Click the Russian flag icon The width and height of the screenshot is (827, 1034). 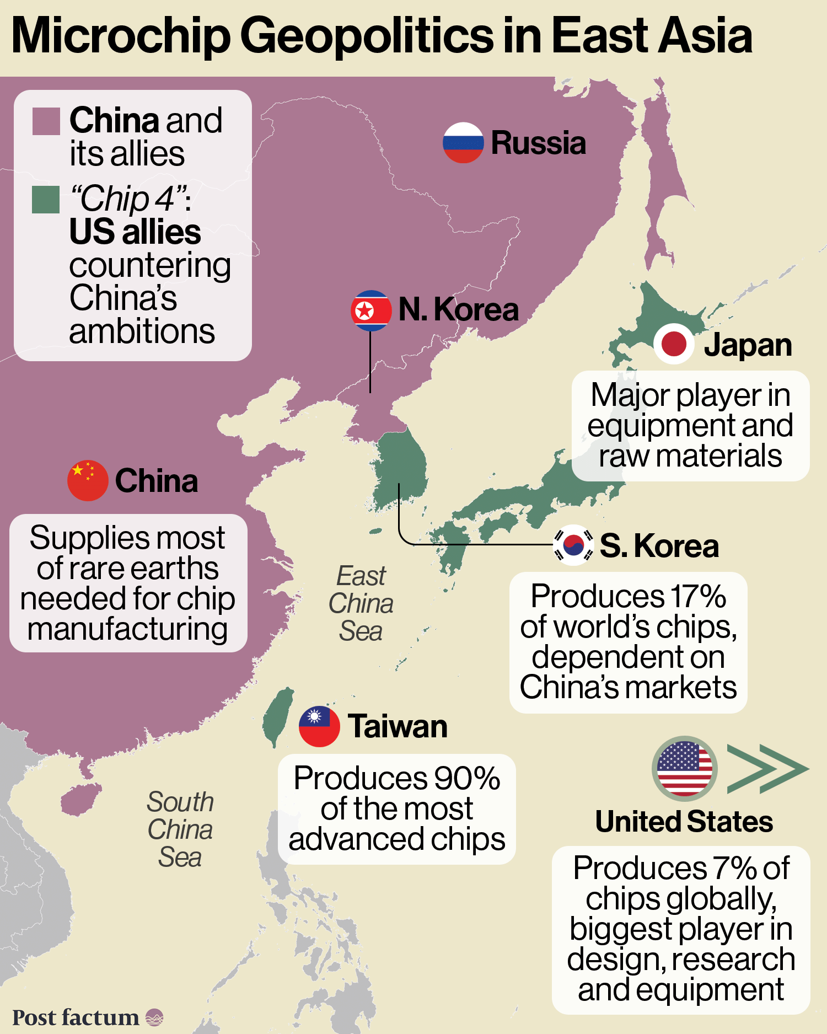(x=463, y=142)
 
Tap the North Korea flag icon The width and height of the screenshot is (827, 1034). (x=371, y=310)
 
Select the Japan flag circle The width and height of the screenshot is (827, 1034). (x=673, y=344)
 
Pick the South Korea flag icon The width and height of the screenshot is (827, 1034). (x=573, y=545)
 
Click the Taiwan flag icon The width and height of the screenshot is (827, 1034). (x=319, y=726)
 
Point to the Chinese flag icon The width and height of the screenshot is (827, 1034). (x=88, y=480)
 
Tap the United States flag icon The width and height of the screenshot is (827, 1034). (x=684, y=768)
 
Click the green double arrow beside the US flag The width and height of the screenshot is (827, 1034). (x=766, y=769)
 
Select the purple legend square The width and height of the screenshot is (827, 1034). (x=46, y=121)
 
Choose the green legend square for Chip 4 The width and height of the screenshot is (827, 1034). (x=46, y=200)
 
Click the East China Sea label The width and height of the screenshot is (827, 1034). (x=361, y=603)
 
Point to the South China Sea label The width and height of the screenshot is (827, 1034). (x=180, y=829)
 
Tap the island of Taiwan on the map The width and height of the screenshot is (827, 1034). (x=278, y=717)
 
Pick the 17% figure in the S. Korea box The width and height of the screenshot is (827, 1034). (x=698, y=597)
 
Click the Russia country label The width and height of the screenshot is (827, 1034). (x=538, y=143)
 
